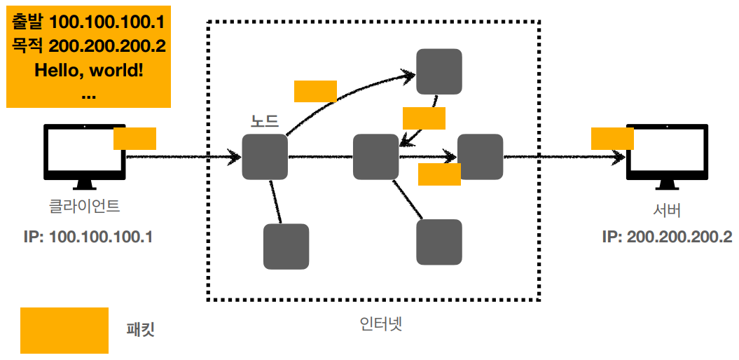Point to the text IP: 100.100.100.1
88,237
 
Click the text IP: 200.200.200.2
667,237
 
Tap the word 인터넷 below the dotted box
380,324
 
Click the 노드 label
265,120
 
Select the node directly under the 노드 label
265,157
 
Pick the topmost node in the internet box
439,71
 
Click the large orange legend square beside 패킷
64,330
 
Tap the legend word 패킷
140,329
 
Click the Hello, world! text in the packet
88,71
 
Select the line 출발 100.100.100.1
88,22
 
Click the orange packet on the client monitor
134,138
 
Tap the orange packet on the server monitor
612,138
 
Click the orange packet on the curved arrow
315,91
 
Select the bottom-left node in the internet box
286,247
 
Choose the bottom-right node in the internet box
439,242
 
